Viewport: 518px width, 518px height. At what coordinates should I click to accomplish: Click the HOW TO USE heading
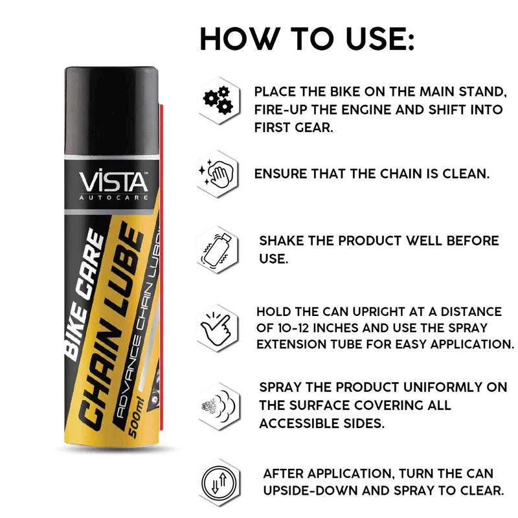point(307,39)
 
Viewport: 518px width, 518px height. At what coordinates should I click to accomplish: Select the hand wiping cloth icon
point(217,173)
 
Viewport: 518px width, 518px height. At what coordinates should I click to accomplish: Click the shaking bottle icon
point(217,249)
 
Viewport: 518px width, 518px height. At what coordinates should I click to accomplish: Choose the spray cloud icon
point(219,407)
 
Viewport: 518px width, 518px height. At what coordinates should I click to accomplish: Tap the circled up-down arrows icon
point(219,482)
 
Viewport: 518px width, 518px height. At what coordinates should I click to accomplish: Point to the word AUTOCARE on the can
point(113,197)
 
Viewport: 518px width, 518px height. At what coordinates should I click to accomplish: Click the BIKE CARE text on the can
point(84,294)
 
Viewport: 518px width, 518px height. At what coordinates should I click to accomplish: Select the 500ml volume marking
point(136,417)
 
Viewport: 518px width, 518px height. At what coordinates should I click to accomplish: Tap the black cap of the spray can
point(111,111)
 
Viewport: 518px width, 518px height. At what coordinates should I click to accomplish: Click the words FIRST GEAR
point(293,128)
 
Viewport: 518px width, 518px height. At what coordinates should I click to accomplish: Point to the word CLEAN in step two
point(466,174)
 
